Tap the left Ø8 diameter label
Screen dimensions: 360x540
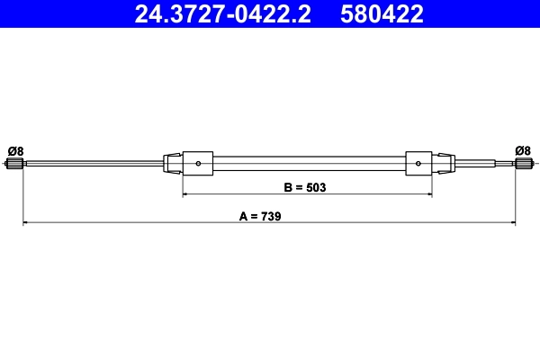point(14,149)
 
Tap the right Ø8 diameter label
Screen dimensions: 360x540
point(522,149)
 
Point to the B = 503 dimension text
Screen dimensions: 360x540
point(303,188)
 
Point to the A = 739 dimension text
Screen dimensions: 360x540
point(262,216)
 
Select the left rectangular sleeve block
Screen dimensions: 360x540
point(198,163)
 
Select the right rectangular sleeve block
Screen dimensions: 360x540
point(419,163)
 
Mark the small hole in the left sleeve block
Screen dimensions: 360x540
point(198,163)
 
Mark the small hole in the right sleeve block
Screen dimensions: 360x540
point(418,163)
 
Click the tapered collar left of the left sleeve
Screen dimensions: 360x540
point(173,163)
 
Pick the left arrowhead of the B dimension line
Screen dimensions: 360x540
point(186,193)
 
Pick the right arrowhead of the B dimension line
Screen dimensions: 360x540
point(428,193)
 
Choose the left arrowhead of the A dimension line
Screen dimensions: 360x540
point(26,221)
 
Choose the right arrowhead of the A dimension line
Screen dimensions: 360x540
point(512,221)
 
